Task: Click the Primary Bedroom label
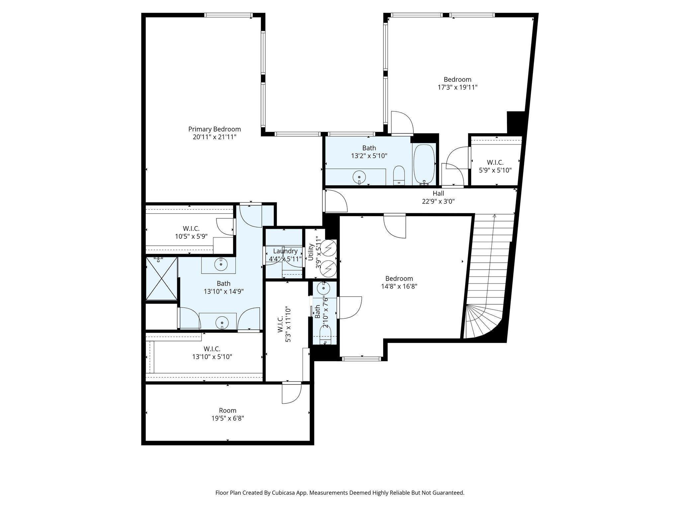coord(214,129)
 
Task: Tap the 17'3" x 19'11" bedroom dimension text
coord(457,87)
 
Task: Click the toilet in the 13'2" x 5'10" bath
coord(399,175)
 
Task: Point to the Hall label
coord(438,193)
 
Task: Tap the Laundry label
coord(285,251)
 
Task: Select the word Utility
coord(311,252)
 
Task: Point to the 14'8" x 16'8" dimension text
coord(399,286)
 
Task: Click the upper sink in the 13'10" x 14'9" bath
coord(220,265)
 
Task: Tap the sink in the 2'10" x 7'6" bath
coord(323,289)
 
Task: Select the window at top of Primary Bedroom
coord(228,15)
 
